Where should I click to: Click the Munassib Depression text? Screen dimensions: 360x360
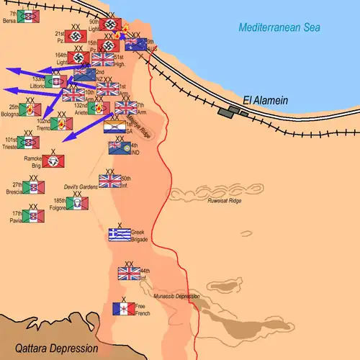[x=179, y=296]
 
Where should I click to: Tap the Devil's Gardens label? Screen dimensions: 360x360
[x=80, y=186]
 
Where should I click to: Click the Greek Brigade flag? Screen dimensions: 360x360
[x=119, y=235]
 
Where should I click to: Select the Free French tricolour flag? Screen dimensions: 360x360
[x=123, y=309]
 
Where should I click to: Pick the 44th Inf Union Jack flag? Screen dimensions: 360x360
[x=129, y=274]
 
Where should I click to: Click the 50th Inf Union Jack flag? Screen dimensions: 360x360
[x=109, y=181]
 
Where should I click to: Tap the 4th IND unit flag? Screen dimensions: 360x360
[x=119, y=148]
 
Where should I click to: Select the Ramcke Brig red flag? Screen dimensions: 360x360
[x=53, y=161]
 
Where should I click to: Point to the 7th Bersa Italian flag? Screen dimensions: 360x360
[x=28, y=17]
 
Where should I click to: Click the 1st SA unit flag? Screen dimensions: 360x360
[x=114, y=128]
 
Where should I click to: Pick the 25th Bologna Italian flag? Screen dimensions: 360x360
[x=30, y=109]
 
